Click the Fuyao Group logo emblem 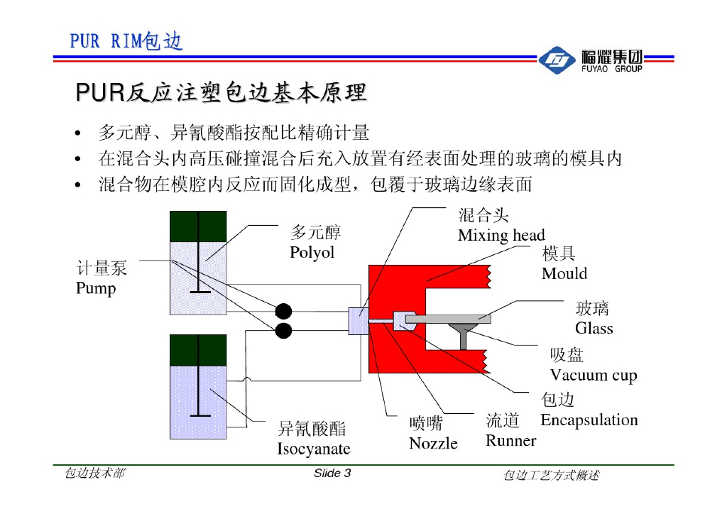[556, 61]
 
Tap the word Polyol [312, 253]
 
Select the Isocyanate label [313, 449]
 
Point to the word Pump [96, 288]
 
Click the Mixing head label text [501, 235]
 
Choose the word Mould [564, 273]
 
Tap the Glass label [594, 328]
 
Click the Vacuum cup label [594, 375]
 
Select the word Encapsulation [589, 420]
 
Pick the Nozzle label [433, 443]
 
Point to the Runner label [510, 440]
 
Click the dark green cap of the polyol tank [198, 226]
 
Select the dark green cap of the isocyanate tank [198, 350]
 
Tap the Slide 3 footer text [332, 474]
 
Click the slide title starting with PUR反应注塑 [221, 92]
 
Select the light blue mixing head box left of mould [357, 322]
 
